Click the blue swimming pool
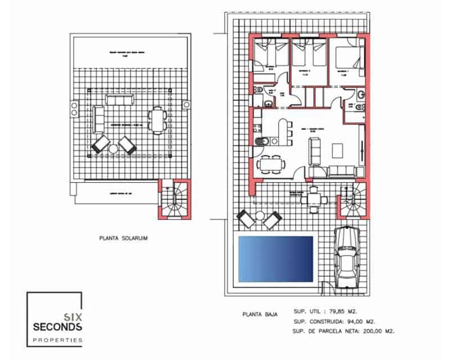276,258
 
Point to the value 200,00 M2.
382,331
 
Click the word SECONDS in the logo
58,327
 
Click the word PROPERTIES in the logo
58,340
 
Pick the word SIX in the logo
74,317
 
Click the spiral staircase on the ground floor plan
355,202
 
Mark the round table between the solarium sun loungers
114,147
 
